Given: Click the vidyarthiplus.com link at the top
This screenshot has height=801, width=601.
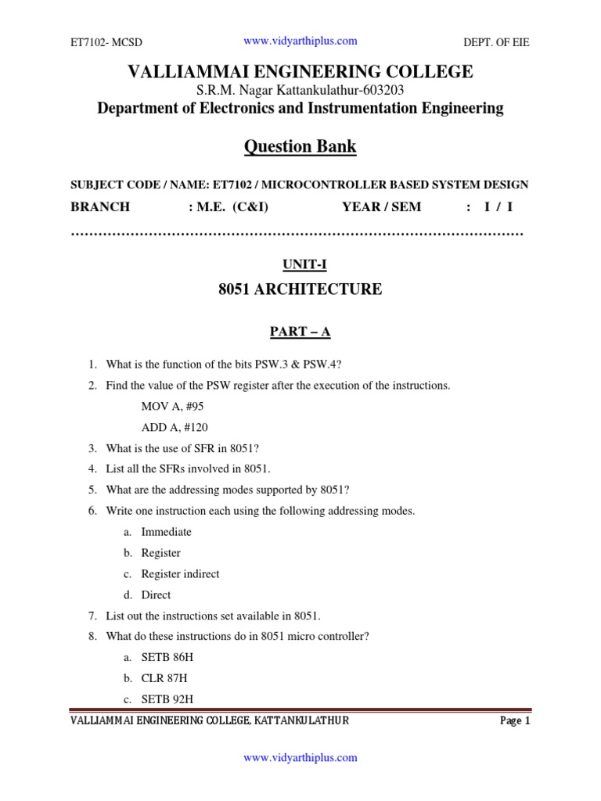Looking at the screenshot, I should point(300,41).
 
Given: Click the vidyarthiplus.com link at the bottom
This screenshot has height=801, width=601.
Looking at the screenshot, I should point(300,757).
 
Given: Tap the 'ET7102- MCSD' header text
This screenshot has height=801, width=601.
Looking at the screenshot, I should point(106,43).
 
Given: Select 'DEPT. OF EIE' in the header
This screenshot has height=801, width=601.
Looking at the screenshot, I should point(497,43).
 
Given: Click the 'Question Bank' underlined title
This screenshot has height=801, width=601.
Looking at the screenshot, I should point(300,146).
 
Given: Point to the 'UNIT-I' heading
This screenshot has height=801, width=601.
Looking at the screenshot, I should point(300,265).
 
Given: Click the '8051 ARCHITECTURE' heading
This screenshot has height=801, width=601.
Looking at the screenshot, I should point(300,289).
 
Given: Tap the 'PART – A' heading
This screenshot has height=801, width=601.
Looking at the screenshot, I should point(300,332).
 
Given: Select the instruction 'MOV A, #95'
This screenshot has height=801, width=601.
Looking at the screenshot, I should point(173,407).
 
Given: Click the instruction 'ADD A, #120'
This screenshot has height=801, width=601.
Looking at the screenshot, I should point(175,428).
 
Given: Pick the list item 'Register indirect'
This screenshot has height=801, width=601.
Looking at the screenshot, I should point(180,573).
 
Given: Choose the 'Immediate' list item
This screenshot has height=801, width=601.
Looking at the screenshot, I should point(166,532).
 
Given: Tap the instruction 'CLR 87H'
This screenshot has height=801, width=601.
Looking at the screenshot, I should point(164,678).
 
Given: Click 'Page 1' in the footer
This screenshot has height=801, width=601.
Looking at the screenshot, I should point(516,721).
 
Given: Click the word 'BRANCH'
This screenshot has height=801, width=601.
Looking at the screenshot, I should point(100,207).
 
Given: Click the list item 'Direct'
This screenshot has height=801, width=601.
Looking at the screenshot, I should point(156,594).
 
